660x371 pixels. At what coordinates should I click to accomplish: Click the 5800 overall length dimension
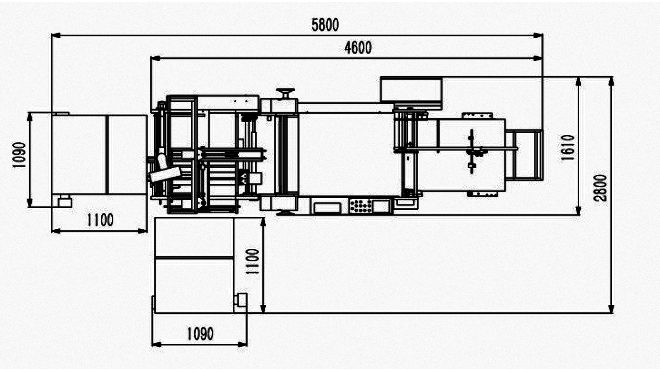(x=325, y=25)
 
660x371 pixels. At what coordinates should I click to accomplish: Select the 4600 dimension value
(x=358, y=47)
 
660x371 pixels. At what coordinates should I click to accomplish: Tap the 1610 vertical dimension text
(x=567, y=148)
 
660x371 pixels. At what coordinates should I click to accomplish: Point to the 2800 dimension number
(x=601, y=188)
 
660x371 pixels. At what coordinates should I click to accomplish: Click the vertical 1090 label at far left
(x=19, y=155)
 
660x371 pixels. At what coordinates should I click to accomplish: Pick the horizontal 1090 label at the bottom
(x=200, y=334)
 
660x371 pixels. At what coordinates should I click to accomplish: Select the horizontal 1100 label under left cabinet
(x=100, y=220)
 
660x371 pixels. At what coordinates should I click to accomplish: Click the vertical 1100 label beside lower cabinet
(x=253, y=261)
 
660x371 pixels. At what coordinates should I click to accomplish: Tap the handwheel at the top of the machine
(x=285, y=92)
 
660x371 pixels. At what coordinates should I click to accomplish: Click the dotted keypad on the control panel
(x=360, y=205)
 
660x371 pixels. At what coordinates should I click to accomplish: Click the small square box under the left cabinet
(x=65, y=202)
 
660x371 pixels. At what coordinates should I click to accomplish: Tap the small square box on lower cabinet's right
(x=241, y=299)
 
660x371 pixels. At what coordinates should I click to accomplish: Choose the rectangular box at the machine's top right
(x=411, y=90)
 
